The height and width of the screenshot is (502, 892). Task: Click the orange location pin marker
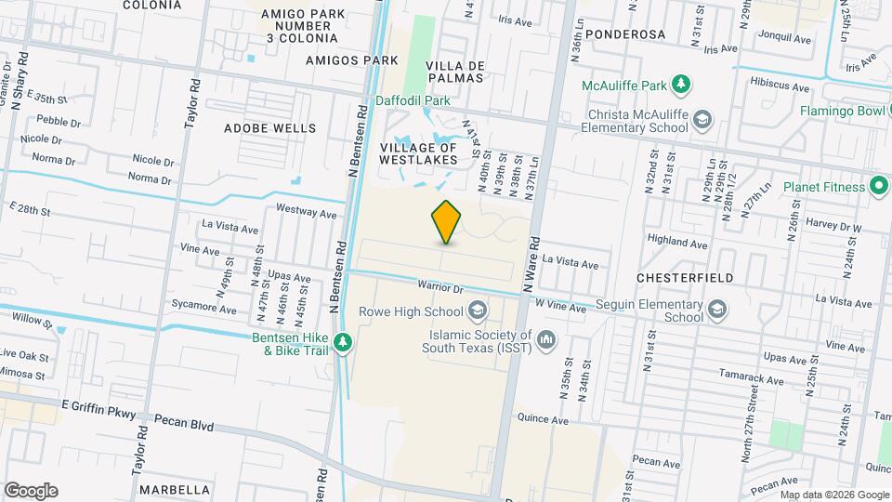(447, 221)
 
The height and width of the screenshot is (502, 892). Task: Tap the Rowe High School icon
(478, 310)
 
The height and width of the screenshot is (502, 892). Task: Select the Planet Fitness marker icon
(879, 186)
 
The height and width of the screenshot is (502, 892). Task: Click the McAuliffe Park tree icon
(682, 86)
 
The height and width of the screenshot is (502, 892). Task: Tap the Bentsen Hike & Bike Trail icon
(343, 344)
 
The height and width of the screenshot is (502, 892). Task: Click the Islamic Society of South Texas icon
(546, 340)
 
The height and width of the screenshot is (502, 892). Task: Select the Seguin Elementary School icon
(717, 310)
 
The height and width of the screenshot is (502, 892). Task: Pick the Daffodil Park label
(413, 99)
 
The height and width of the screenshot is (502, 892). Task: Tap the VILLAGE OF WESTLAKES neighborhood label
(418, 153)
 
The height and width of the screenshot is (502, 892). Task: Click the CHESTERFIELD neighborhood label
(686, 278)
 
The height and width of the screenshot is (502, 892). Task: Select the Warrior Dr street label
(439, 285)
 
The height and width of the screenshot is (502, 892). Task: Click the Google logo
(31, 490)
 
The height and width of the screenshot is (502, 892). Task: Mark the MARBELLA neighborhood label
(174, 490)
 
